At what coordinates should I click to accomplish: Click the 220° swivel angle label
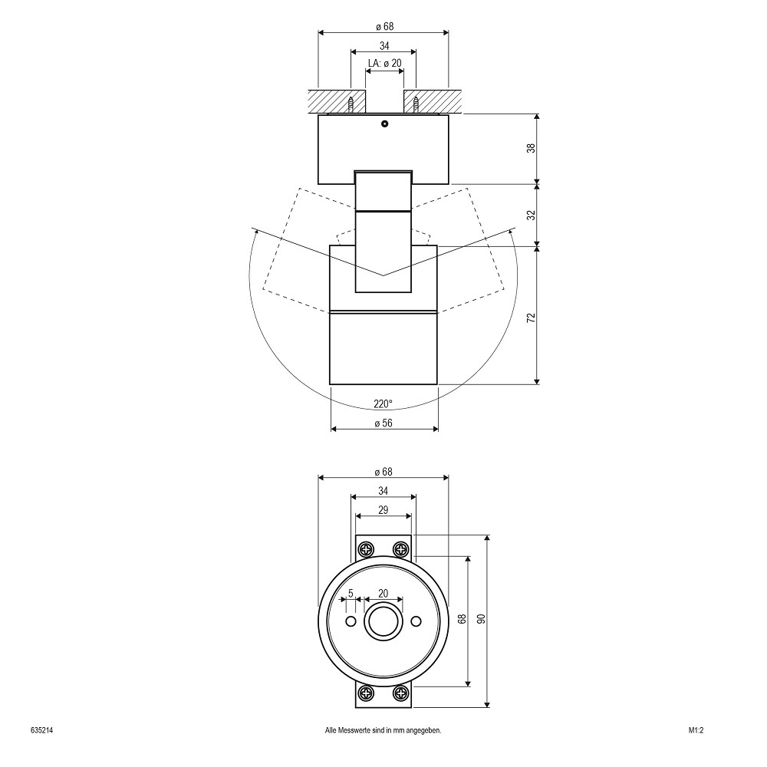(383, 403)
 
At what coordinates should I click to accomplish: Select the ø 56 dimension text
(383, 423)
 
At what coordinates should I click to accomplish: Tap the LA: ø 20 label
(384, 63)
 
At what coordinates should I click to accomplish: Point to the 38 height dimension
(532, 148)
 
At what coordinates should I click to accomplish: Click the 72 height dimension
(532, 317)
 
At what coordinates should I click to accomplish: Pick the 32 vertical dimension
(532, 216)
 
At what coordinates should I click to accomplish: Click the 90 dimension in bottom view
(482, 619)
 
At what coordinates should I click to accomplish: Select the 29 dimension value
(383, 510)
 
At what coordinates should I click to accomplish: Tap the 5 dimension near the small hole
(351, 594)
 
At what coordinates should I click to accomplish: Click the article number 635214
(41, 731)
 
